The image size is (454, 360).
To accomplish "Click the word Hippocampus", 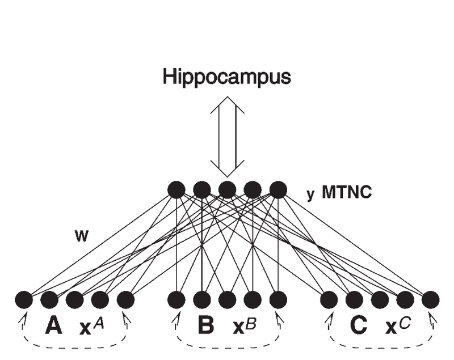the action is point(226,77).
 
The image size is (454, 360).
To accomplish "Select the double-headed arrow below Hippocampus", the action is point(228,137).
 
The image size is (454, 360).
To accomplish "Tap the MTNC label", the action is point(347,192).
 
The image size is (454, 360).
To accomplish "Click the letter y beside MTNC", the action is point(310,194).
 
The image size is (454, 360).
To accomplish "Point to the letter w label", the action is point(81,236).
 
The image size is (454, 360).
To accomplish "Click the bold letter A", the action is point(53,325).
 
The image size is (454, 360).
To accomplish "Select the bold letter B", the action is point(206,325).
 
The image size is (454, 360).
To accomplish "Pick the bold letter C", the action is point(359,325).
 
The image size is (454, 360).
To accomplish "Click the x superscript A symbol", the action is point(91,326).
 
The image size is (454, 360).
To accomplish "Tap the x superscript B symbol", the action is point(245,326).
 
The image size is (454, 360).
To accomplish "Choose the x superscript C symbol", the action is point(398,326).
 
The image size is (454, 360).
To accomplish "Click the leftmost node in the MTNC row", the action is point(176,190).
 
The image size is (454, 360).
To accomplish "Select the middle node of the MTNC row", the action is point(228,190).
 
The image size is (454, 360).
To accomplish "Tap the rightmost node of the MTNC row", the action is point(278,190).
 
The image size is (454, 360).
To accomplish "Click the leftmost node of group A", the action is point(24,300).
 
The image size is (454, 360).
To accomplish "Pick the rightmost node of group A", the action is point(125,300).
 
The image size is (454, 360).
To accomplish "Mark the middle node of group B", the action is point(228,300).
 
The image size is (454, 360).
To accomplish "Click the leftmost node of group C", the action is point(329,300).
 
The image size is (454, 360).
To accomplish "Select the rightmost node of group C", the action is point(431,300).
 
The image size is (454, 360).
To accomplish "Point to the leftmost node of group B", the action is point(176,300).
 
